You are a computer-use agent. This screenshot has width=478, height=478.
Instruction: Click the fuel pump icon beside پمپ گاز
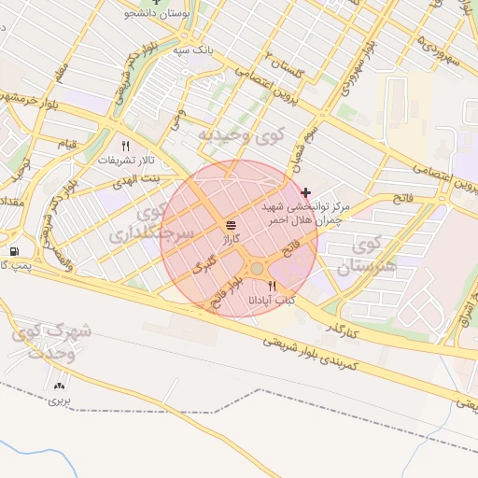[13, 251]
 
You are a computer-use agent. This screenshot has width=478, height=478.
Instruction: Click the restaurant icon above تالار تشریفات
[126, 146]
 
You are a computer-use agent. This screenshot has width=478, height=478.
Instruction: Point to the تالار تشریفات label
[125, 160]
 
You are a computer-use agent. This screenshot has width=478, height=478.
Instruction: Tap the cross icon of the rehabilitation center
[305, 191]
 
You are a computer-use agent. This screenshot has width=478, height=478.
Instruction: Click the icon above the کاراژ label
[231, 226]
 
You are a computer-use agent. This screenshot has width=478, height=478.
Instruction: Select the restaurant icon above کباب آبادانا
[272, 286]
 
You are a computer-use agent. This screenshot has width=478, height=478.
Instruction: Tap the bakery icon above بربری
[61, 385]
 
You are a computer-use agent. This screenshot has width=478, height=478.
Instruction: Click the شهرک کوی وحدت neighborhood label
[52, 342]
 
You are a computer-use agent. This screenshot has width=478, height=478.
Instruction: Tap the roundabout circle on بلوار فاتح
[256, 269]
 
